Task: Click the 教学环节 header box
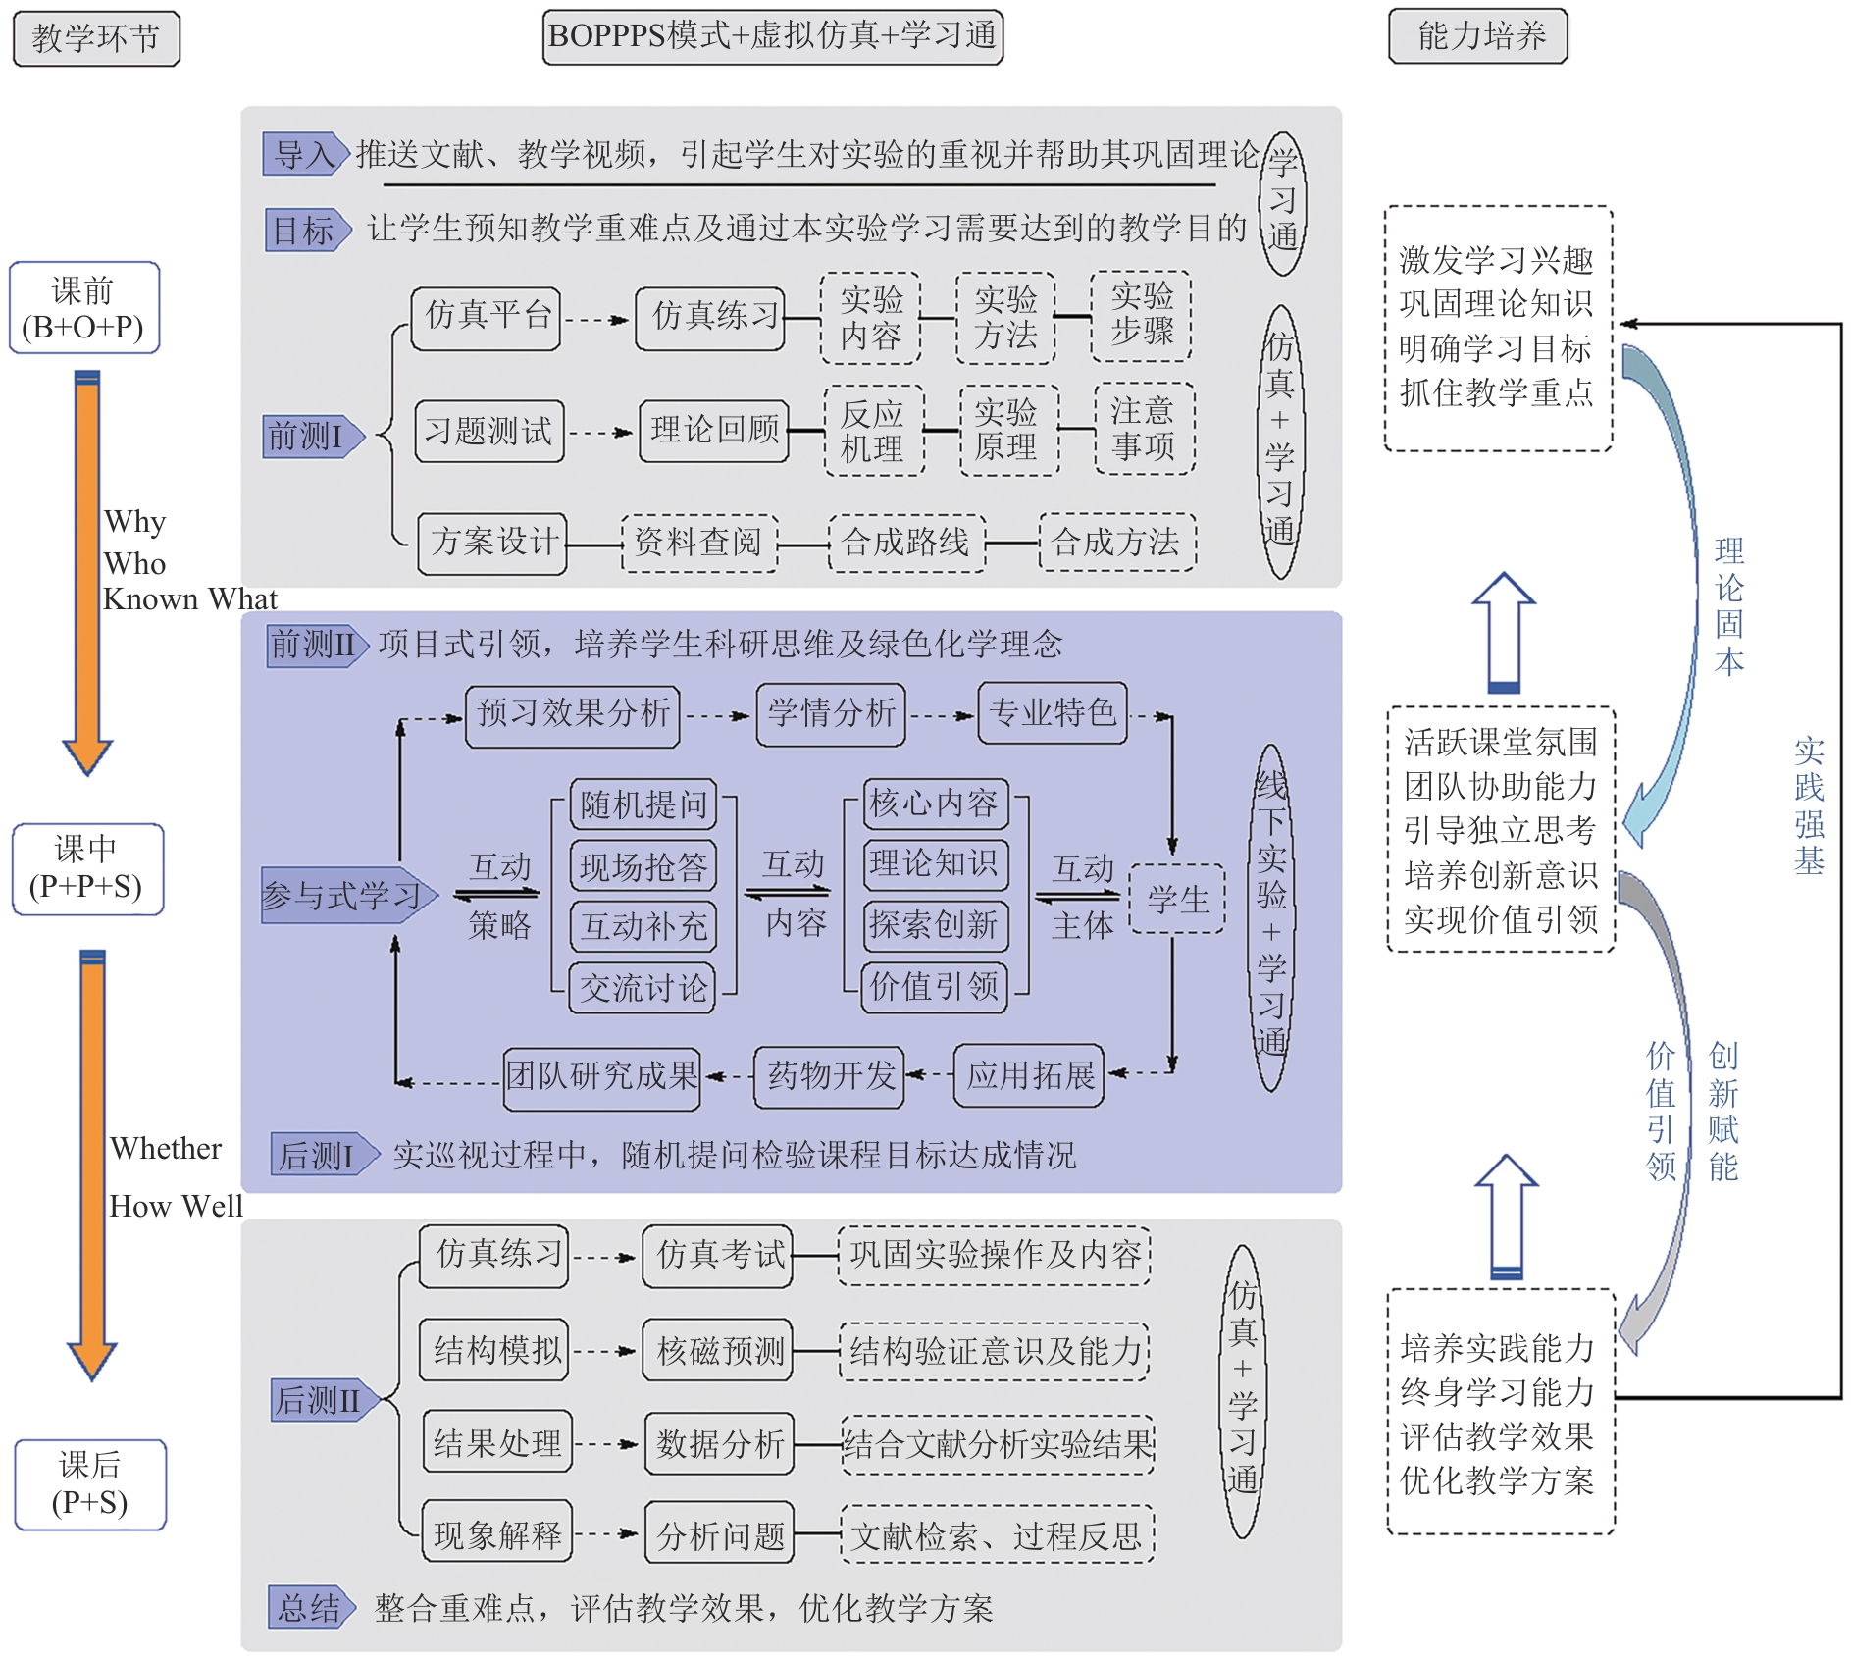96,39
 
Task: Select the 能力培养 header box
1478,36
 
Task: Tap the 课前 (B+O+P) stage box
84,308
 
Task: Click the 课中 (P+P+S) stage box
87,869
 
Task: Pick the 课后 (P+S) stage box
90,1484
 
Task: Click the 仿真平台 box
487,318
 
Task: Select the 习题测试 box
488,431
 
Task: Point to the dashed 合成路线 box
906,543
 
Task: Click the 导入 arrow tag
305,155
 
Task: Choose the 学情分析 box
831,714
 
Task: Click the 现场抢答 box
643,867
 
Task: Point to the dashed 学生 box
1177,899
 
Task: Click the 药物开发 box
830,1076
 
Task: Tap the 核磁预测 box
719,1351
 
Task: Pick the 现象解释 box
497,1534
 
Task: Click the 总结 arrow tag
310,1608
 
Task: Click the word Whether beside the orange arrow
166,1149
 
